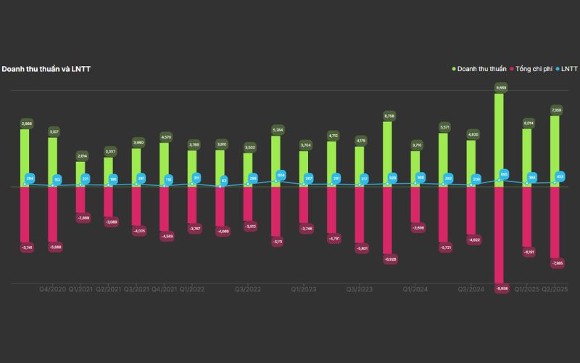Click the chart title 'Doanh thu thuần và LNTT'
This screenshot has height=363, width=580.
click(46, 69)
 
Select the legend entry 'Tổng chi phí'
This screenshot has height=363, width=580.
click(534, 69)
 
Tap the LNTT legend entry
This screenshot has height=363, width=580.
click(569, 69)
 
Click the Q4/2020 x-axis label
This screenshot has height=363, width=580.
click(53, 290)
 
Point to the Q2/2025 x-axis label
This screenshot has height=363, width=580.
click(555, 290)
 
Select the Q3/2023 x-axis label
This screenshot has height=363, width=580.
click(360, 290)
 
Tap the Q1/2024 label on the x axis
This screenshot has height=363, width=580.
click(415, 290)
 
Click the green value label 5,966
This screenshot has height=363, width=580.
click(25, 123)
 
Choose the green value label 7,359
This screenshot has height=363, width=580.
click(556, 110)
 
